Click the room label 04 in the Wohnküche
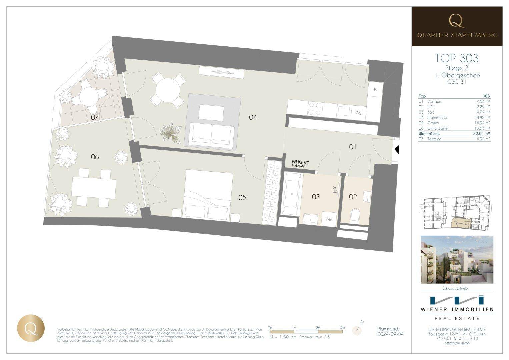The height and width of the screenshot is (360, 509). pyautogui.click(x=253, y=117)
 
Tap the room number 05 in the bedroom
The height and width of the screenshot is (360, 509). pyautogui.click(x=242, y=198)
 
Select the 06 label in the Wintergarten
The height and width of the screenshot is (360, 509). pyautogui.click(x=95, y=157)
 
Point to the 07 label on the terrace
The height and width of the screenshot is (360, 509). pyautogui.click(x=95, y=117)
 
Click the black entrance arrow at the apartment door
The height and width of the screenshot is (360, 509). pyautogui.click(x=396, y=150)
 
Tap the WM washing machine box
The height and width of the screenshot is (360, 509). pyautogui.click(x=329, y=219)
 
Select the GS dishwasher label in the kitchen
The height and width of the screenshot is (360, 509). pyautogui.click(x=358, y=113)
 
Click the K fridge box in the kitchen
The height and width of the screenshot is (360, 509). pyautogui.click(x=375, y=89)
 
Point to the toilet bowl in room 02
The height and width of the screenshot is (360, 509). pyautogui.click(x=355, y=216)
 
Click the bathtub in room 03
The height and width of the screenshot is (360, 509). pyautogui.click(x=292, y=194)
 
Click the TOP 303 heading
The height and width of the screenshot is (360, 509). pyautogui.click(x=457, y=58)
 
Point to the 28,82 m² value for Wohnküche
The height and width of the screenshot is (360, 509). pyautogui.click(x=482, y=118)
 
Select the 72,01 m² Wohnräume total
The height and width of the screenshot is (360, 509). pyautogui.click(x=481, y=134)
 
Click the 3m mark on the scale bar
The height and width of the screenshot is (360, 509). pyautogui.click(x=342, y=328)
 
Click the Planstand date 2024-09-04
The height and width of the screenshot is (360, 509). pyautogui.click(x=390, y=334)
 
